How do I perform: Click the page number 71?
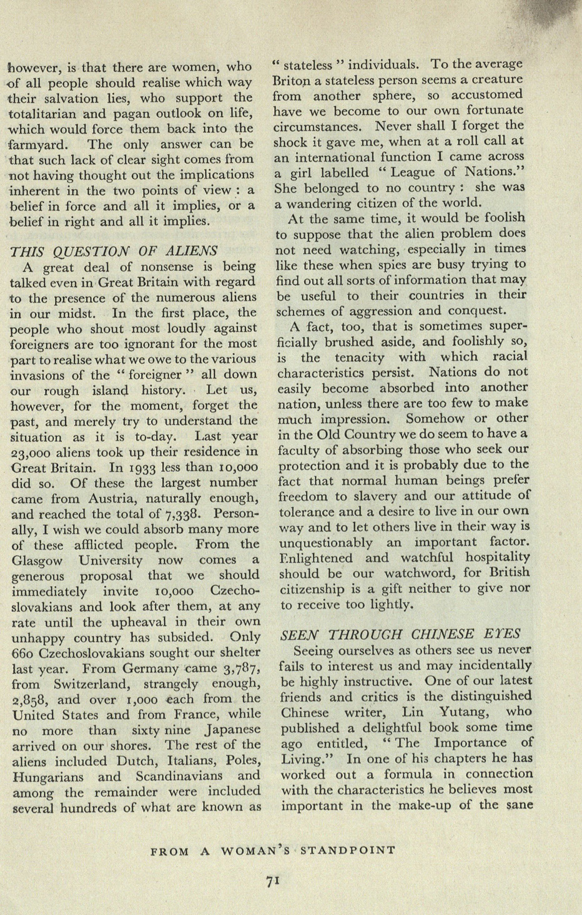[x=272, y=881]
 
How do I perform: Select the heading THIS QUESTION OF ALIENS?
[x=114, y=251]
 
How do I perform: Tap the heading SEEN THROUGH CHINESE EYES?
[x=400, y=634]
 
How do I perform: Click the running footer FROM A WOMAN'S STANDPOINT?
[x=274, y=850]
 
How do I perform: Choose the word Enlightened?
[x=316, y=558]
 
